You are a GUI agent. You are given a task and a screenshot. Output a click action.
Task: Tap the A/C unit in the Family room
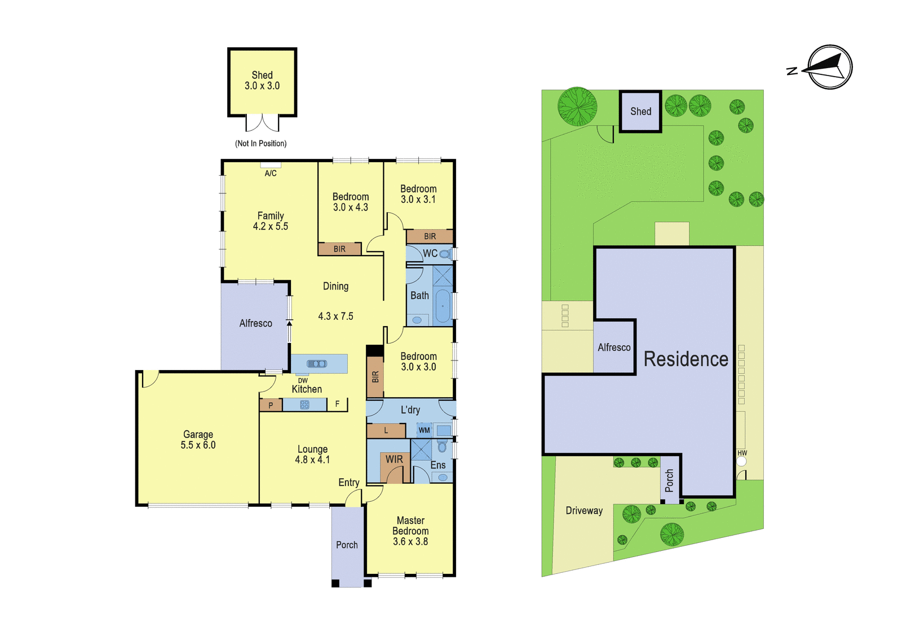(271, 165)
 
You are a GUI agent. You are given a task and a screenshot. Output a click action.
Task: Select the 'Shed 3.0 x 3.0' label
(262, 81)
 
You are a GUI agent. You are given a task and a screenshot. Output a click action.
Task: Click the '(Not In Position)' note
(261, 143)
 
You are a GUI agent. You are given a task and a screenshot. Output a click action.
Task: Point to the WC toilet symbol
(445, 254)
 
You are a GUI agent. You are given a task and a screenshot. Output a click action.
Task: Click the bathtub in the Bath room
(443, 306)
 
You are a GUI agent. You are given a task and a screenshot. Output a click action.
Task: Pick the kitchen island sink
(317, 364)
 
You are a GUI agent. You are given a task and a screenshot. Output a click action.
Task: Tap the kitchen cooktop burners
(304, 405)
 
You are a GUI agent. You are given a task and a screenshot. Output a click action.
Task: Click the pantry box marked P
(271, 405)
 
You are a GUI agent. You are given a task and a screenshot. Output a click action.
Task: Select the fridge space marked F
(338, 404)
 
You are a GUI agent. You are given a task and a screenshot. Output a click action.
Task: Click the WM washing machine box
(424, 430)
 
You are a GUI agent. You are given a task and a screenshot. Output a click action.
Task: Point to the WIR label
(394, 459)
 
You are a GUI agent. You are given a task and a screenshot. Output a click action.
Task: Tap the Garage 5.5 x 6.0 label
(198, 439)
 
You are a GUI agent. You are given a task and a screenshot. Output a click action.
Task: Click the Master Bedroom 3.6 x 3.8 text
(410, 531)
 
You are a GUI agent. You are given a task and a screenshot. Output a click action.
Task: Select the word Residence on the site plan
(686, 359)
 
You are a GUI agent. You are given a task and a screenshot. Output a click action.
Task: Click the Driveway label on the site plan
(584, 511)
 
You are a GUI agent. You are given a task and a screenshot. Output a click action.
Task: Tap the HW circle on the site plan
(741, 461)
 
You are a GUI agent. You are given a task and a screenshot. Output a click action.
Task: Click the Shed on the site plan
(640, 112)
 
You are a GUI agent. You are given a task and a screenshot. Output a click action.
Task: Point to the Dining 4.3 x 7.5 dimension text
(336, 317)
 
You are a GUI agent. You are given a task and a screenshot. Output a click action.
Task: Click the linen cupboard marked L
(386, 430)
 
